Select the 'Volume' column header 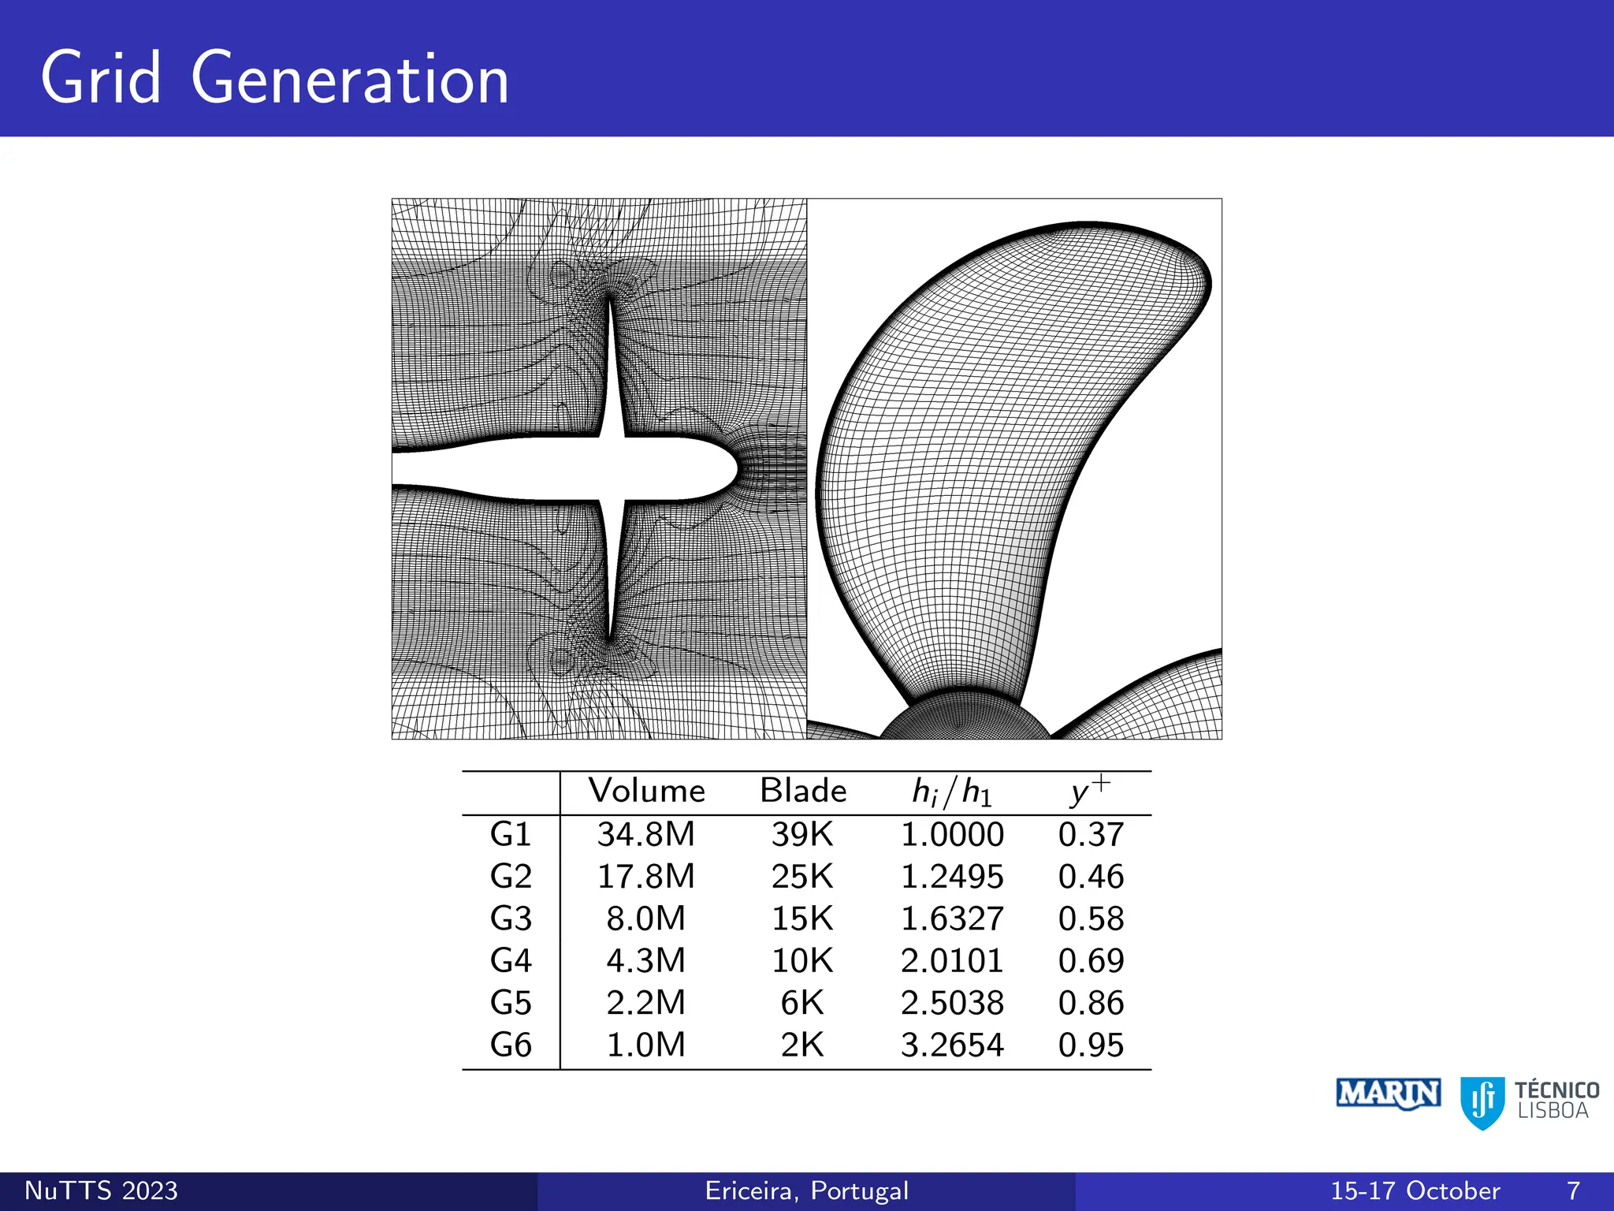(x=646, y=791)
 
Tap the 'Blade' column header (x=802, y=791)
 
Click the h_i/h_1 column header (x=951, y=792)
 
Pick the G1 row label (x=511, y=834)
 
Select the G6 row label (x=511, y=1045)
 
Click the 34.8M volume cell (x=646, y=834)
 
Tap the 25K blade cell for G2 (x=802, y=877)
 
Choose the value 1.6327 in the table (x=952, y=918)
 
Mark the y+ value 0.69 (x=1091, y=960)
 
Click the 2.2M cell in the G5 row (x=646, y=1003)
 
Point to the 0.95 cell (x=1091, y=1045)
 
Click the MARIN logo (x=1389, y=1094)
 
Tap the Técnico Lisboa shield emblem (x=1482, y=1102)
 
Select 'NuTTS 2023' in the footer (x=102, y=1191)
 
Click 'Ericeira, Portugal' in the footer (x=807, y=1191)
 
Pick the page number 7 (x=1573, y=1191)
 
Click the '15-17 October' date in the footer (x=1415, y=1191)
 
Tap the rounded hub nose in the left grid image (x=721, y=470)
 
